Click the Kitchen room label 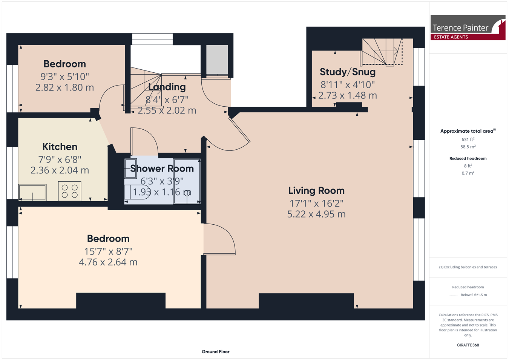tap(60, 147)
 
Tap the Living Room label tap(316, 191)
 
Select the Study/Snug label tap(347, 72)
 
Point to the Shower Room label tap(162, 169)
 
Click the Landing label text tap(167, 87)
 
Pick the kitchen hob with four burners tap(69, 191)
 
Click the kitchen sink tap(32, 193)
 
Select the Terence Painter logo tap(468, 28)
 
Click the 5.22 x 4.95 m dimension tap(316, 214)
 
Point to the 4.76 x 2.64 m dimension tap(108, 262)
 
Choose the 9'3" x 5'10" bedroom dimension tap(64, 77)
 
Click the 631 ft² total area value tap(468, 139)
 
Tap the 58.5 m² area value tap(468, 147)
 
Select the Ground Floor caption tap(215, 352)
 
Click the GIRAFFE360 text tap(468, 345)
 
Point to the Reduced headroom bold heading tap(468, 159)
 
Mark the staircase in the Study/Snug tap(382, 52)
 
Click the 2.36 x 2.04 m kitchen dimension tap(60, 170)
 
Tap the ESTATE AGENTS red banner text tap(451, 37)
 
